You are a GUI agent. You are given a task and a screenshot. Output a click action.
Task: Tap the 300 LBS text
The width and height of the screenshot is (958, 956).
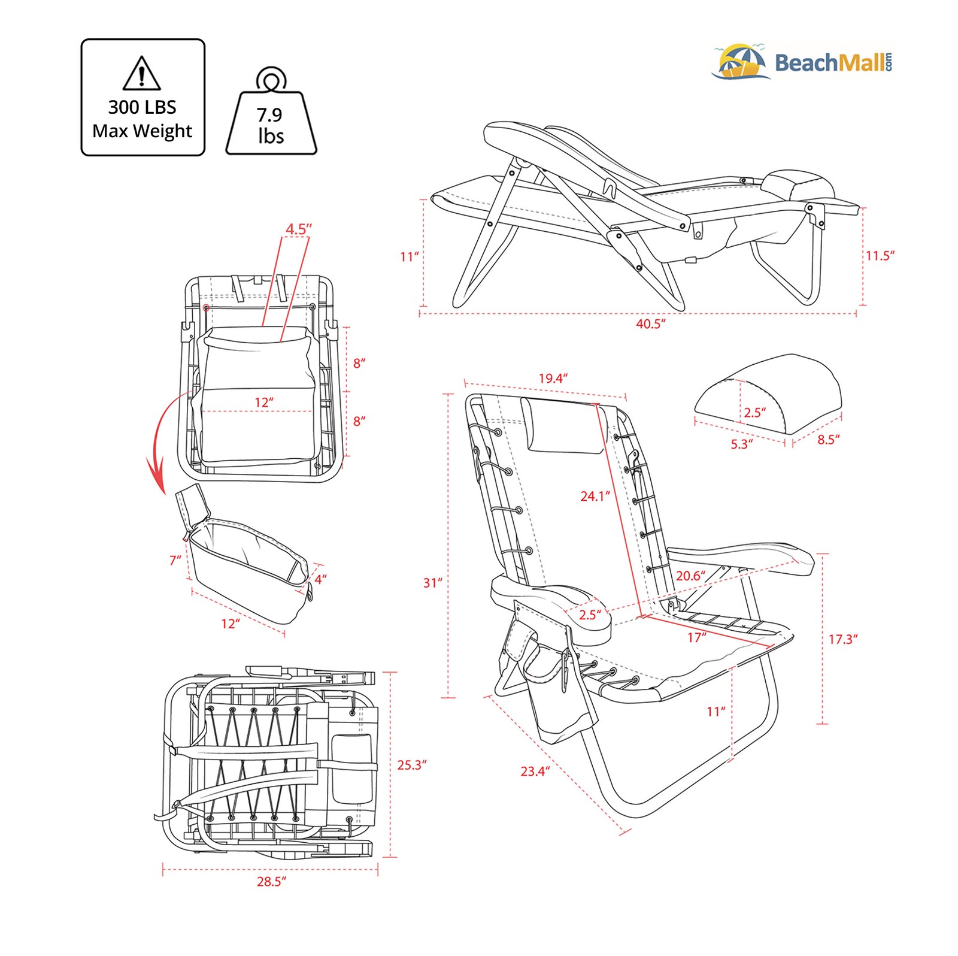coord(142,107)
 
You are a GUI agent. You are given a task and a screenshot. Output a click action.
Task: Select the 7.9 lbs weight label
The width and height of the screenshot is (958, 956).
coord(270,125)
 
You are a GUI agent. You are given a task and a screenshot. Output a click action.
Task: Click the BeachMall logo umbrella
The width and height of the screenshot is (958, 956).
coord(741,62)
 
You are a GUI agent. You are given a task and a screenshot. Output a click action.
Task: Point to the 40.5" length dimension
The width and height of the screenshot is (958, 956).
coord(650,324)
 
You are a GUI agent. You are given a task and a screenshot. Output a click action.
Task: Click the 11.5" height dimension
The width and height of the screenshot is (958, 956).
coord(879,256)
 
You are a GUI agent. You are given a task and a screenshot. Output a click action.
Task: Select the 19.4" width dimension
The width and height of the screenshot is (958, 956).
coord(552,379)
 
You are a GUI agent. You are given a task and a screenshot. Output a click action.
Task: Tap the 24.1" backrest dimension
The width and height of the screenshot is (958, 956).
coord(594,496)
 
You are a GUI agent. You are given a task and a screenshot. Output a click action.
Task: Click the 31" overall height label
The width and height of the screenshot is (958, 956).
coord(432,583)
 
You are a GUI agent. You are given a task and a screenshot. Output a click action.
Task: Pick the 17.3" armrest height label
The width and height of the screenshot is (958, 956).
coord(842,639)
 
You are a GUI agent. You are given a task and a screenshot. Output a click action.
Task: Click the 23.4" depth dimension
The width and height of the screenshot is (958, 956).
coord(534,771)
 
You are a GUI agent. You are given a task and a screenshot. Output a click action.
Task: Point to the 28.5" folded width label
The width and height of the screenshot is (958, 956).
coord(271,882)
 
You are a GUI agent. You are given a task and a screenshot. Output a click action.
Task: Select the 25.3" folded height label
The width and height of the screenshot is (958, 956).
coord(411,765)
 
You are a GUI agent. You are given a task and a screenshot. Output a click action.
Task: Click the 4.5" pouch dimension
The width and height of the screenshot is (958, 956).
coord(298,229)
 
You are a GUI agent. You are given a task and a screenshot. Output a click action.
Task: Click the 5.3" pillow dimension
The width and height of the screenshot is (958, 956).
coord(741,444)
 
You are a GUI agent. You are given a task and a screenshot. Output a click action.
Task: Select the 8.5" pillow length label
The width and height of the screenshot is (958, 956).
coord(828,440)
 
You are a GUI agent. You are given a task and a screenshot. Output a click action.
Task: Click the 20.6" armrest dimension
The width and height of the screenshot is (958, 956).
coord(690,576)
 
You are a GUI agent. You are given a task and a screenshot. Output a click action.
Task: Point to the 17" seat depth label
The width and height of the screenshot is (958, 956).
coord(696,637)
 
